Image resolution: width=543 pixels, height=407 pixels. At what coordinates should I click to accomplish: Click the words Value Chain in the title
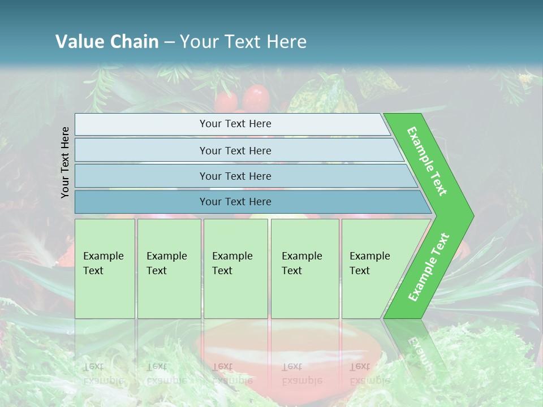(107, 41)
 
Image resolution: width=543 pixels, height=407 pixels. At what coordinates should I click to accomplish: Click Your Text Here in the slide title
(243, 41)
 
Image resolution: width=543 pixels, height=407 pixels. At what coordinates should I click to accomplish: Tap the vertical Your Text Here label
(65, 162)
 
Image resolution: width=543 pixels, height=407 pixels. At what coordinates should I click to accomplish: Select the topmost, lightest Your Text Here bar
(235, 124)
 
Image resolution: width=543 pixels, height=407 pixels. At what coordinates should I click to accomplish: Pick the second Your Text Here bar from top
(235, 150)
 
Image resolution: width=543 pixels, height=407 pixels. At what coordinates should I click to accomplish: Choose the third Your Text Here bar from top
(235, 176)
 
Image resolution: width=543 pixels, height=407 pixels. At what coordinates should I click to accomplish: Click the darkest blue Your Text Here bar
(235, 202)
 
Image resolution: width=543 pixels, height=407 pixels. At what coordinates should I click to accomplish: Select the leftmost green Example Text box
(105, 269)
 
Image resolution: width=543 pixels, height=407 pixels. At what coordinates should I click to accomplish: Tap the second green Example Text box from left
(169, 269)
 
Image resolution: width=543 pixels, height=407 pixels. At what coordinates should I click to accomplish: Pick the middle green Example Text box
(235, 269)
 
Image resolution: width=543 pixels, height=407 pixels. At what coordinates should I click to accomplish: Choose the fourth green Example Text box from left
(305, 269)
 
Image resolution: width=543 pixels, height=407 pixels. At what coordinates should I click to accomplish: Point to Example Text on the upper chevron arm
(427, 161)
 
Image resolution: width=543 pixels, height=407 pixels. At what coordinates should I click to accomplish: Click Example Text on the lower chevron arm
(429, 267)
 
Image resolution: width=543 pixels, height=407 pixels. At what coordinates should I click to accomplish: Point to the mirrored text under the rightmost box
(368, 374)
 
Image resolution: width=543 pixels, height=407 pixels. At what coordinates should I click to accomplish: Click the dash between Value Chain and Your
(169, 42)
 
